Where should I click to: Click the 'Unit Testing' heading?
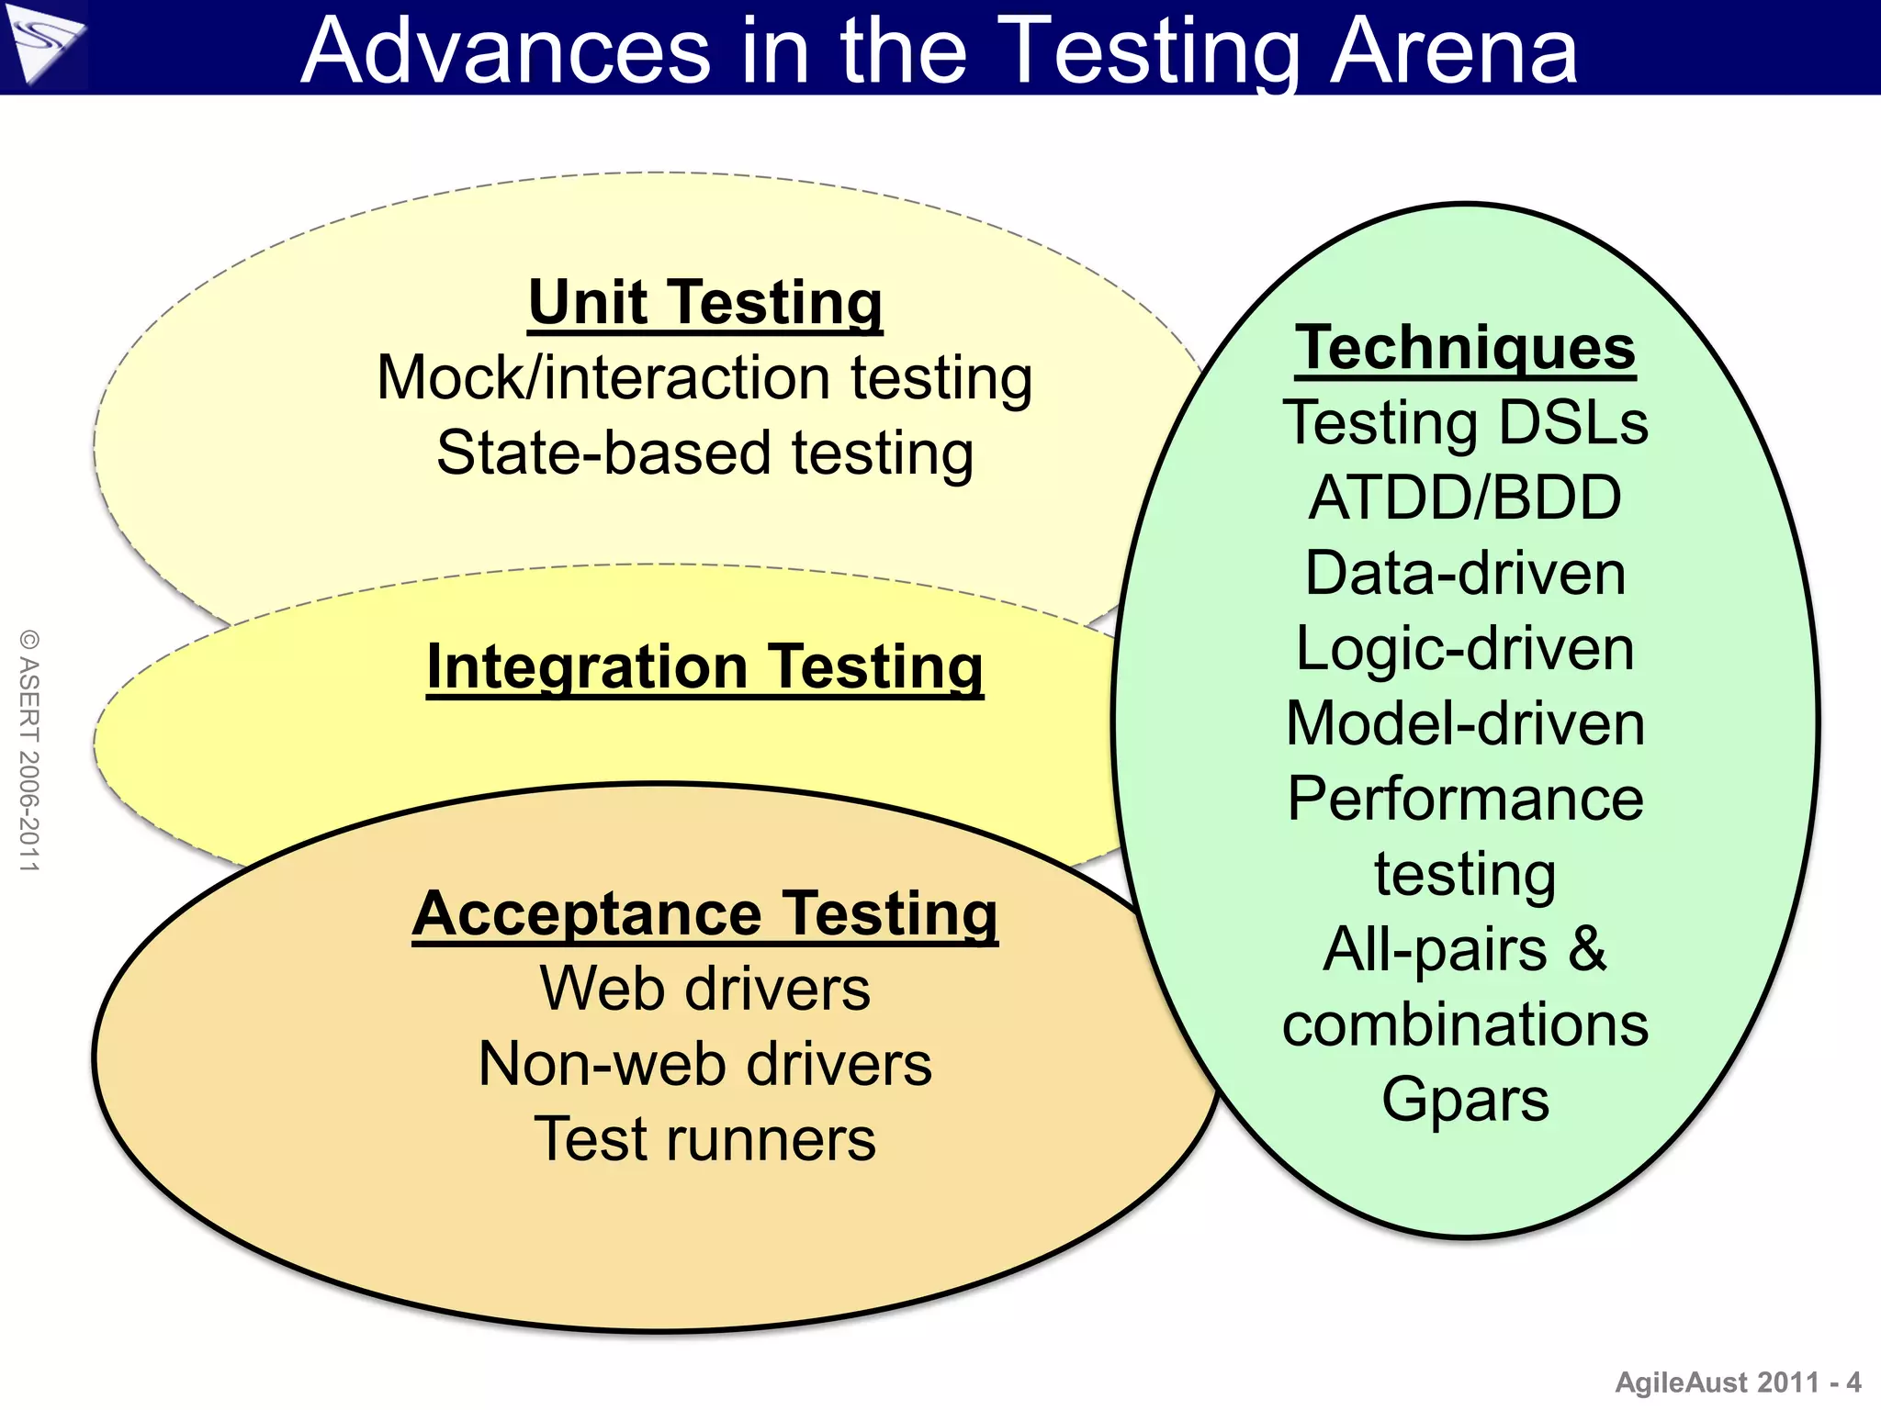pos(704,303)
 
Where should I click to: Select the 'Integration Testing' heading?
pos(704,666)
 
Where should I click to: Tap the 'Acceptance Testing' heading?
pos(704,914)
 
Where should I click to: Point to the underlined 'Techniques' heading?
pos(1465,349)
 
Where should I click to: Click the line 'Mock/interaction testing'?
pos(704,378)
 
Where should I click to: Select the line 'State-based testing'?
pos(704,453)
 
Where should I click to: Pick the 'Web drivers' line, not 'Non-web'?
pos(704,990)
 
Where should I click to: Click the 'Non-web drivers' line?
pos(704,1065)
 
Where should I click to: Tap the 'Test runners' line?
pos(704,1140)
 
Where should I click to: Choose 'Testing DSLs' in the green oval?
pos(1465,423)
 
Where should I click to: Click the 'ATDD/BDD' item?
pos(1465,498)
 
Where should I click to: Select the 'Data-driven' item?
pos(1465,574)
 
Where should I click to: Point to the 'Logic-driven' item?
pos(1465,649)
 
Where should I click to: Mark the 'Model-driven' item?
pos(1465,724)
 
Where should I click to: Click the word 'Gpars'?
pos(1465,1100)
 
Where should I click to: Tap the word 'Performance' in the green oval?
pos(1465,799)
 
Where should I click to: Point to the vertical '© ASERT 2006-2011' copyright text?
pos(29,750)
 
